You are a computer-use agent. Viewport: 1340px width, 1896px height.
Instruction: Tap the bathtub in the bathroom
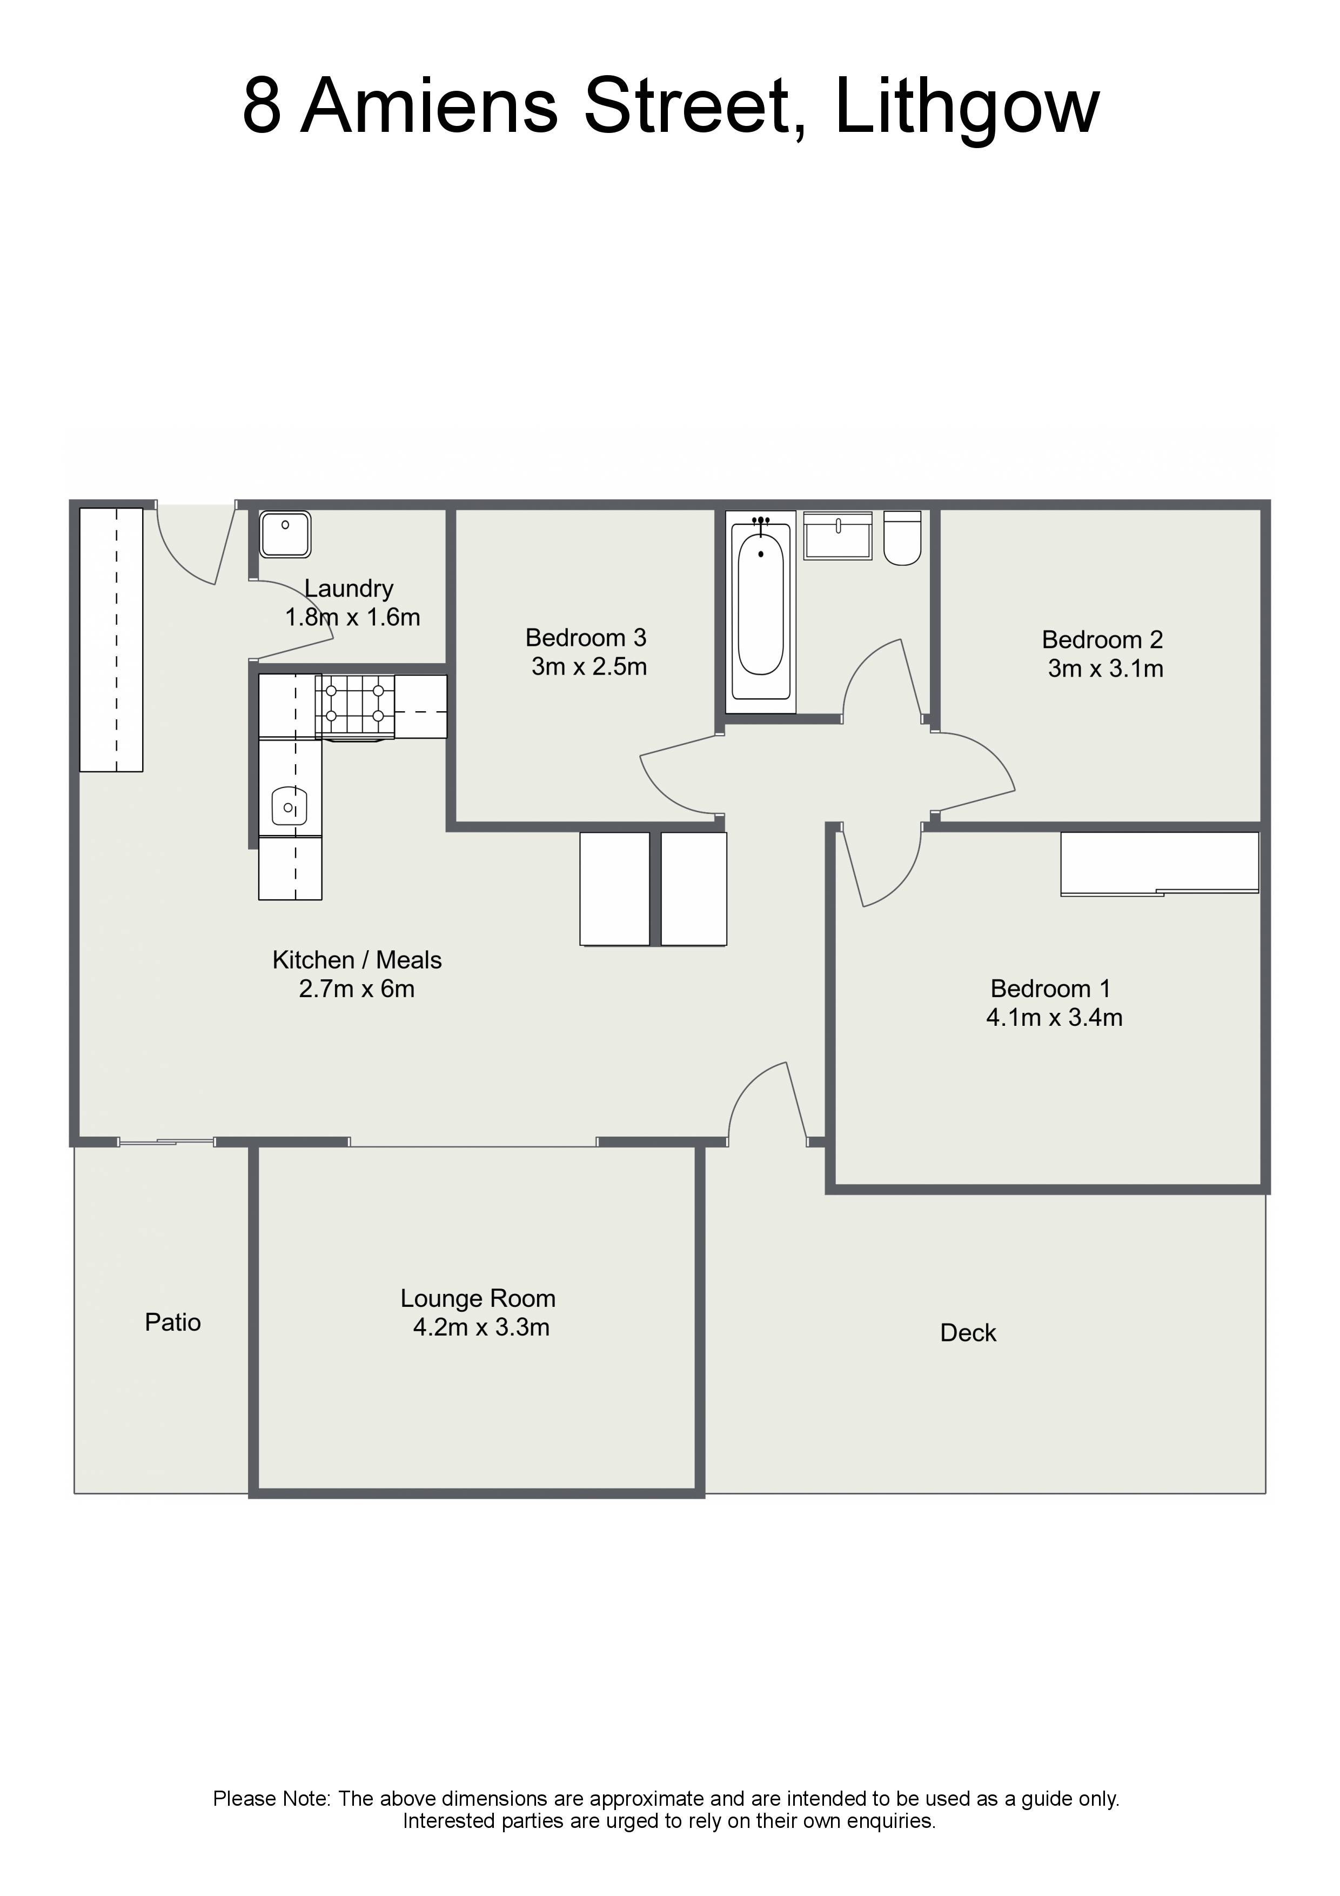tap(760, 612)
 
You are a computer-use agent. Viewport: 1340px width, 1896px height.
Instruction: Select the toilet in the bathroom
tap(902, 538)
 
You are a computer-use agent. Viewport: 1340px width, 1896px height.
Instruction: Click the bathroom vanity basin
tap(838, 535)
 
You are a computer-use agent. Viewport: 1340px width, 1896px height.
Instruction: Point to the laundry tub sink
tap(286, 535)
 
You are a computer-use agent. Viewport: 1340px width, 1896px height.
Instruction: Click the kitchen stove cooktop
tap(355, 706)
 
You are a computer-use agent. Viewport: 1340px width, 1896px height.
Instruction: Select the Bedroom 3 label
tap(586, 638)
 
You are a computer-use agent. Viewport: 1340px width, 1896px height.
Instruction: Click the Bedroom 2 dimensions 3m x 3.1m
tap(1105, 668)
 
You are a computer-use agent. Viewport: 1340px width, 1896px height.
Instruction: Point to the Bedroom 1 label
tap(1050, 989)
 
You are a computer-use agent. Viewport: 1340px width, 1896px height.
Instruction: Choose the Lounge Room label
tap(478, 1298)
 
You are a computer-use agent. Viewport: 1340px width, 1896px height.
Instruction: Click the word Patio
tap(172, 1322)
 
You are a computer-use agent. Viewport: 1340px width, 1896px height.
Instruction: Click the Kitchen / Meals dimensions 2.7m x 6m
tap(357, 989)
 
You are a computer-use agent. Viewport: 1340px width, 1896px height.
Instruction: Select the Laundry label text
tap(349, 589)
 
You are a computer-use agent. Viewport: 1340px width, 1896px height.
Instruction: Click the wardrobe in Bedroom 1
tap(1159, 864)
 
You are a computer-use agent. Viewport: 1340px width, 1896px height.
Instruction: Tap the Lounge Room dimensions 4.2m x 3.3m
tap(481, 1327)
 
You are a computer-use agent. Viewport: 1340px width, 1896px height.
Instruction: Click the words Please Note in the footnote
tap(272, 1799)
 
